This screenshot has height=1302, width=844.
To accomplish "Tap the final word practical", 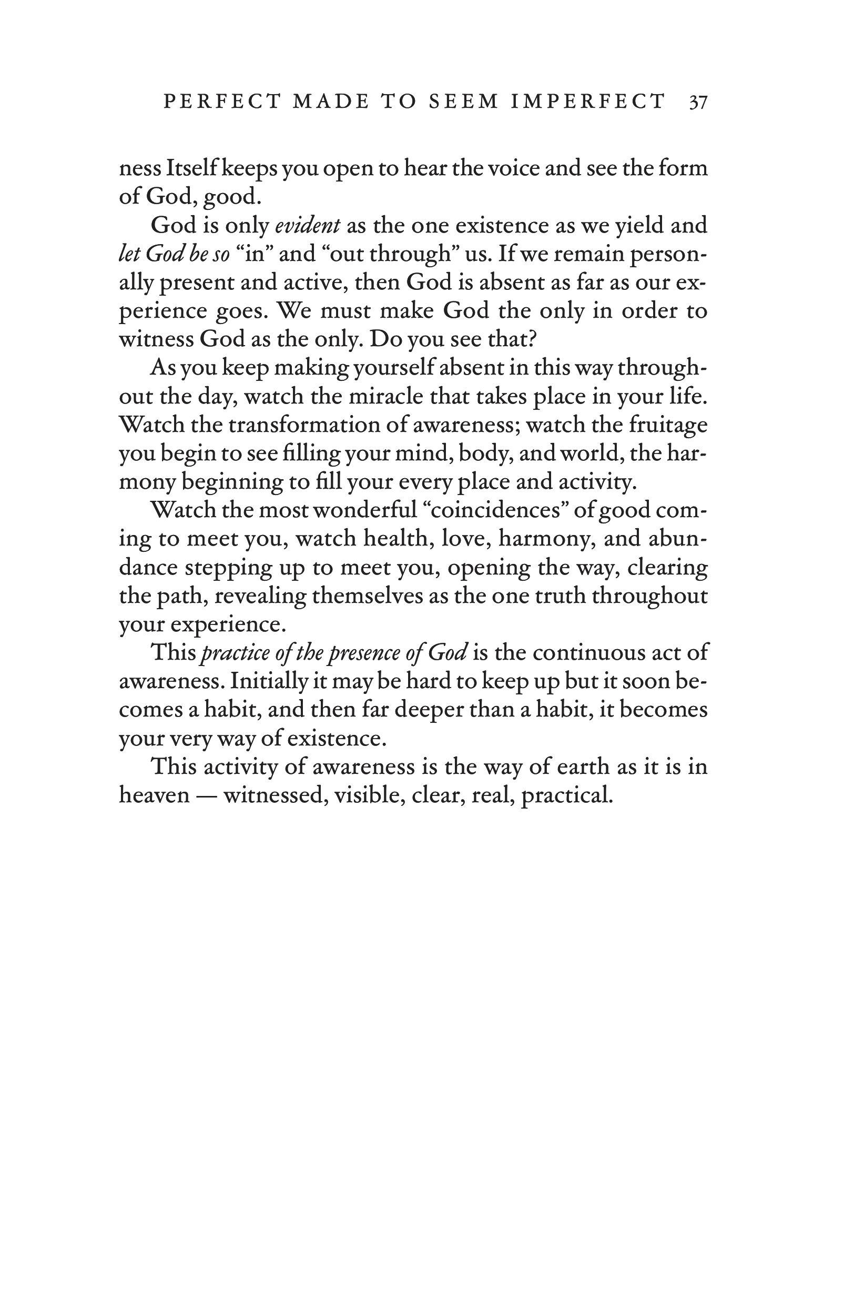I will pos(566,795).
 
